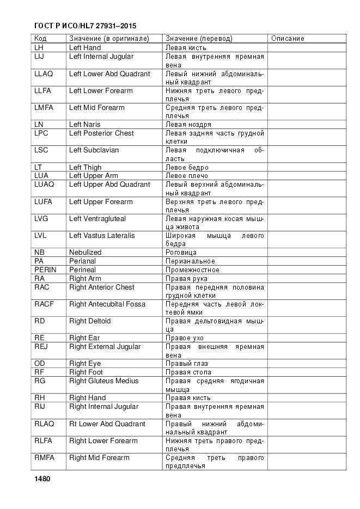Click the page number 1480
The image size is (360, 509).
point(42,479)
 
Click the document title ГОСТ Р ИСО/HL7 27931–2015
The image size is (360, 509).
point(85,26)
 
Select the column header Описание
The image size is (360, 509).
point(288,39)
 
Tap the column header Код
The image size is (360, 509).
point(40,39)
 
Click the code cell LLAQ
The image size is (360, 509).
point(44,73)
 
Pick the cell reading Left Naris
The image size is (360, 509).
point(86,125)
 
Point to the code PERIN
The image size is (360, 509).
point(46,269)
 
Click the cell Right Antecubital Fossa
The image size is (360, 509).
point(107,304)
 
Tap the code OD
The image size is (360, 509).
point(39,364)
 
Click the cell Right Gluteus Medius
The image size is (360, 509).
point(103,381)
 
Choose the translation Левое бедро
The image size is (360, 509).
point(187,168)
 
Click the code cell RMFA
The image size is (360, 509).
point(44,457)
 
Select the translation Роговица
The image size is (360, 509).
point(181,253)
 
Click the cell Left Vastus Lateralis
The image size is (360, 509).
point(102,236)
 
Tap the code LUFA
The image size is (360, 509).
point(44,201)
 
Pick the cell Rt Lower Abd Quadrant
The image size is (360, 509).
point(107,424)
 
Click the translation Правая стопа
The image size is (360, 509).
point(188,372)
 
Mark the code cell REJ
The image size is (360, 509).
point(41,346)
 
